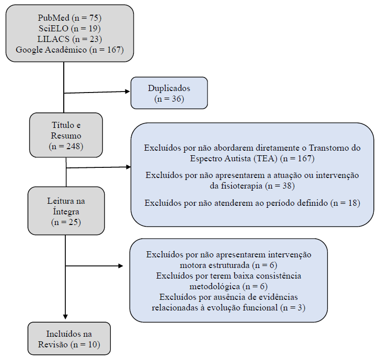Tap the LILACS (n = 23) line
click(x=70, y=39)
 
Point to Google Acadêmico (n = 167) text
click(x=70, y=50)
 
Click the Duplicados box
click(x=169, y=93)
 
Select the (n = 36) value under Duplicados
click(x=169, y=98)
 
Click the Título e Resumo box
click(x=66, y=134)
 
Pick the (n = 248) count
click(x=66, y=147)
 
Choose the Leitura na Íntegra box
click(x=66, y=211)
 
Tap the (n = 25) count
click(x=66, y=222)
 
